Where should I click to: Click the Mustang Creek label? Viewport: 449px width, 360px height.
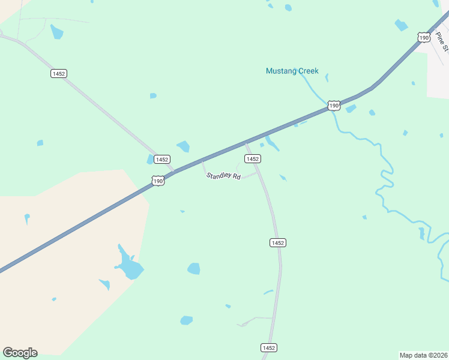292,71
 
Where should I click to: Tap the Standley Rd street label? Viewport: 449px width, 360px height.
223,176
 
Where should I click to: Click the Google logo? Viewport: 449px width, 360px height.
20,352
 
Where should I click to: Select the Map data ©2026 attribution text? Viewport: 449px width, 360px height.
423,355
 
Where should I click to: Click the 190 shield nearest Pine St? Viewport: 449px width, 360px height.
424,37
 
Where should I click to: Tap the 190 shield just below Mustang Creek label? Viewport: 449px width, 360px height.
334,106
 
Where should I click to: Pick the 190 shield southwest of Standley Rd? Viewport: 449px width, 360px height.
157,181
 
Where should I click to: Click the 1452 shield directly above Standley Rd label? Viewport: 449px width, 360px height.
252,158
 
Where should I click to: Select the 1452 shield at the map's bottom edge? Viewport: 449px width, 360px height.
269,348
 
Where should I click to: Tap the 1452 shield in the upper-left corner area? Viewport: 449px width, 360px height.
58,73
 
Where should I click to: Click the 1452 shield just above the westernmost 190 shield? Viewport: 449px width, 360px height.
161,159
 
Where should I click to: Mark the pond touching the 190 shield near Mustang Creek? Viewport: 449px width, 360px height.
351,109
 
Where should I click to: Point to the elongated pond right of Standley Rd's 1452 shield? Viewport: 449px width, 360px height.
272,143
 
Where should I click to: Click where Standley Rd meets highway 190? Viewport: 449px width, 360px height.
203,160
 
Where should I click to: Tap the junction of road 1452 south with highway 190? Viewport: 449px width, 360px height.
246,143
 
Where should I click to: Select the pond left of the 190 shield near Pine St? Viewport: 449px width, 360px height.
401,25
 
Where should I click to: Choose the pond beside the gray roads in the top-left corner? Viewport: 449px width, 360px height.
57,32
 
